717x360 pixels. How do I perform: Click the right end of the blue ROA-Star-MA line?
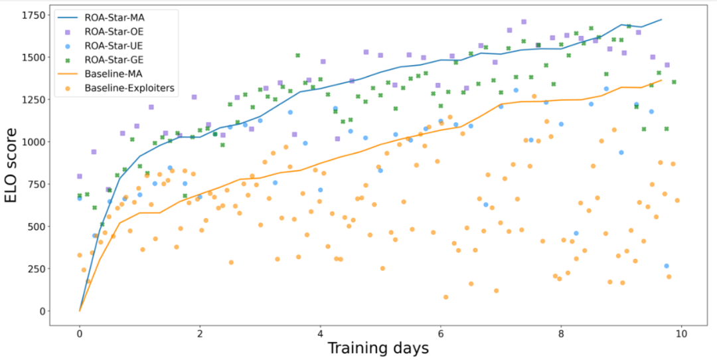(661, 19)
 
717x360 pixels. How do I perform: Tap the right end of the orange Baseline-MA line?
(661, 80)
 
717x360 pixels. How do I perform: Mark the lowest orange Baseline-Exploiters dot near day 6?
(445, 297)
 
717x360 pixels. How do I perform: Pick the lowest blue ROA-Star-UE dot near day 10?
(666, 266)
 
